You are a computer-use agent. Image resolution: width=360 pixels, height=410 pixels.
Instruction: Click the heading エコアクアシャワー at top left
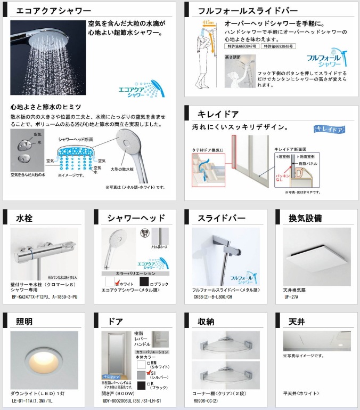coord(54,10)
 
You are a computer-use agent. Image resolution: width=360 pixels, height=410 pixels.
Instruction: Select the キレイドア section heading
coord(218,114)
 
